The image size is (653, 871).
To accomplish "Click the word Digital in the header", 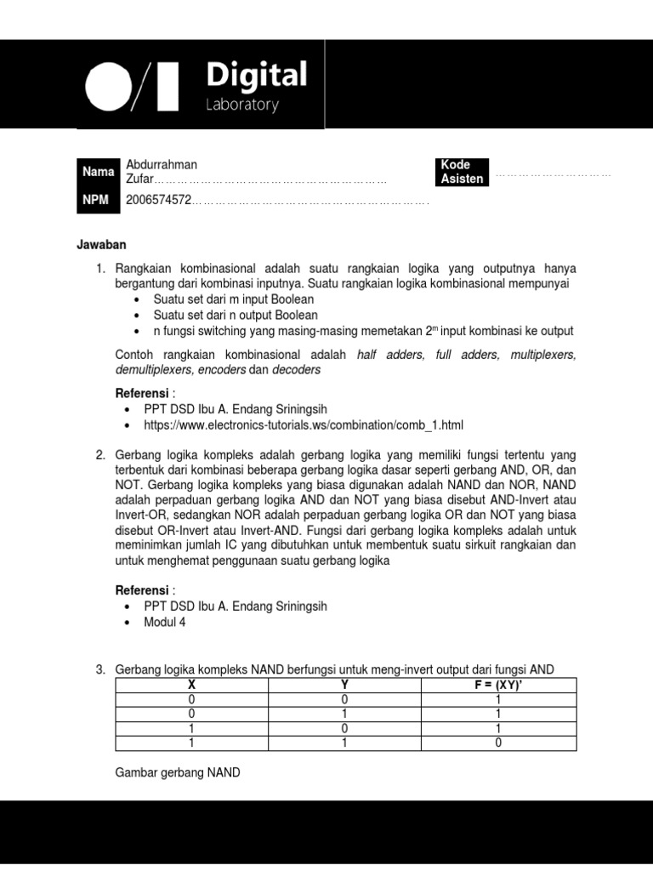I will click(256, 77).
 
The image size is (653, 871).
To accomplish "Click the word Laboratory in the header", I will click(242, 105).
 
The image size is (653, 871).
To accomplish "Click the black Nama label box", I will click(98, 172).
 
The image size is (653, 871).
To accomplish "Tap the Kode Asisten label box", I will click(462, 172).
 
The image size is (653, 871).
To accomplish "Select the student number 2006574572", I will click(158, 201).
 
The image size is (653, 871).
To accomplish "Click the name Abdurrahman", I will click(162, 164).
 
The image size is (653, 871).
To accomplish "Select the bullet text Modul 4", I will click(164, 622).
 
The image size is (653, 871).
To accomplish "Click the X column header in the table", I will click(191, 684).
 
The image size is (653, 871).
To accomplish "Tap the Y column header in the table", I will click(345, 684).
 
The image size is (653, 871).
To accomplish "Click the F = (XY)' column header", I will click(498, 684).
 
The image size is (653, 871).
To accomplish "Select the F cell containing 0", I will click(498, 743).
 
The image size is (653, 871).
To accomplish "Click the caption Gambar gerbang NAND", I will click(178, 772).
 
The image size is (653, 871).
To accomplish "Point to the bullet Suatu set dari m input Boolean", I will click(233, 299).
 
